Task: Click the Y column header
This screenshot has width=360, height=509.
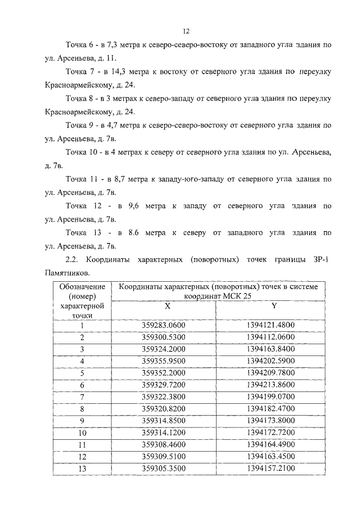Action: (274, 307)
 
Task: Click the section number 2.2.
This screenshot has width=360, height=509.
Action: (73, 259)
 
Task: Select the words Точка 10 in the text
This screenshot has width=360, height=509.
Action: (83, 152)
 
